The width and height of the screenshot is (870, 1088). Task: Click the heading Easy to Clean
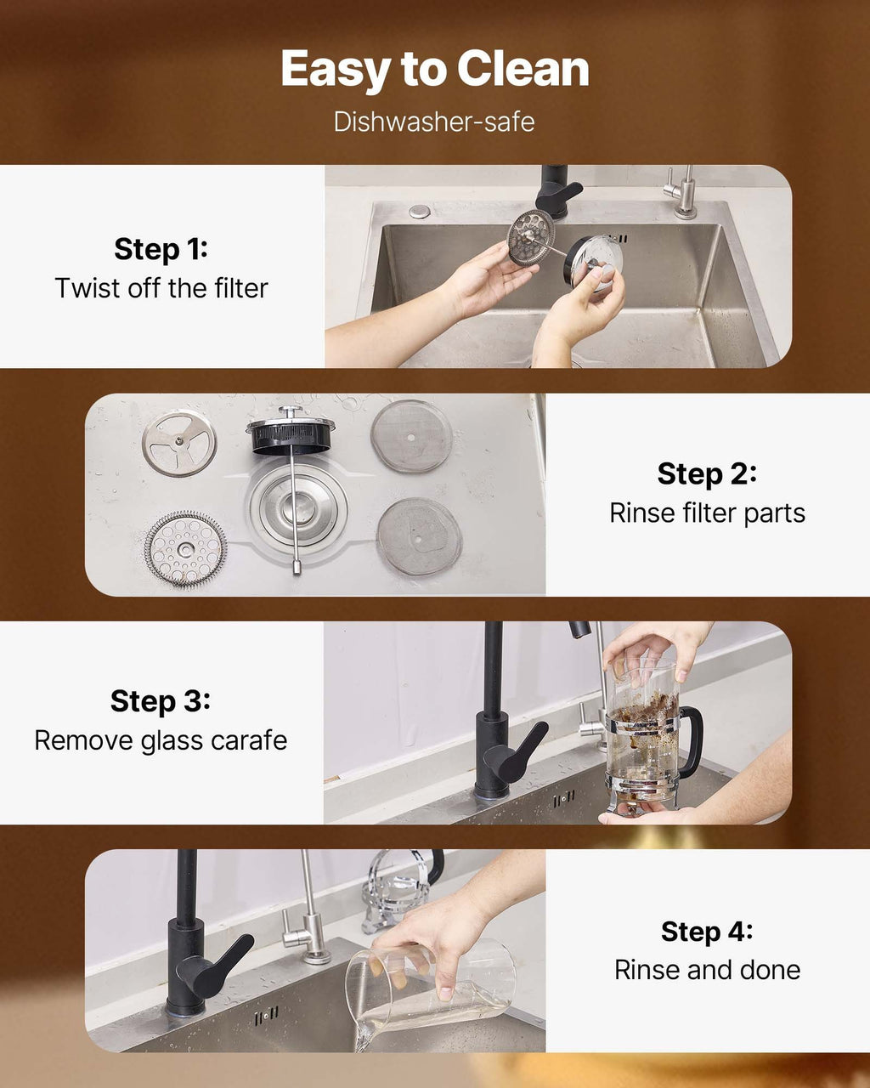[x=434, y=70]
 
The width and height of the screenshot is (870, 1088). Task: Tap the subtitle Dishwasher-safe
[x=434, y=122]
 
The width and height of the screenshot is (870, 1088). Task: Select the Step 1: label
[x=161, y=249]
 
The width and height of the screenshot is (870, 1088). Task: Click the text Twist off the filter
[x=161, y=288]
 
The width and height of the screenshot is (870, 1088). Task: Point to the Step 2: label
[x=707, y=473]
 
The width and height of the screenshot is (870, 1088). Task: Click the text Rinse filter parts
[x=707, y=513]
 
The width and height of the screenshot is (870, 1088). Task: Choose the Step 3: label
[x=161, y=701]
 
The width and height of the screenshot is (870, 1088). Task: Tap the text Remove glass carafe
[x=161, y=740]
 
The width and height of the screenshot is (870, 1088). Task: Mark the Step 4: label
[x=707, y=932]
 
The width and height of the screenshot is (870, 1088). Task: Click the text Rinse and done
[x=707, y=970]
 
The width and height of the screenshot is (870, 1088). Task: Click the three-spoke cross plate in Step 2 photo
[x=178, y=442]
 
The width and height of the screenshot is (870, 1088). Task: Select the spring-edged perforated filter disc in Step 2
[x=185, y=548]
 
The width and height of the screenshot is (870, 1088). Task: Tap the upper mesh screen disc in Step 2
[x=411, y=436]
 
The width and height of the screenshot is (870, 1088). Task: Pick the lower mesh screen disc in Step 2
[x=419, y=536]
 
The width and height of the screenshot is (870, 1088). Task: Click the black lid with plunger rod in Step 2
[x=291, y=435]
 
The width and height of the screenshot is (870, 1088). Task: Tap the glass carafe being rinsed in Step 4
[x=433, y=986]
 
